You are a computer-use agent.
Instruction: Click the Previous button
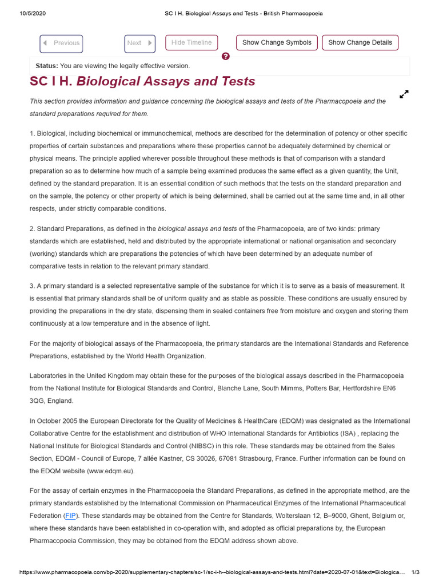pos(61,43)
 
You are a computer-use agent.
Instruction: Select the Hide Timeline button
pos(191,43)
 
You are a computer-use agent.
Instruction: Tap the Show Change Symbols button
pos(277,43)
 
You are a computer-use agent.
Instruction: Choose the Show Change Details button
pos(360,43)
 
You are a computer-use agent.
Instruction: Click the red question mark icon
pos(226,56)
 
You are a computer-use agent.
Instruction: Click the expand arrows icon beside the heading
pos(404,94)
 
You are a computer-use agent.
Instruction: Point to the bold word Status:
pos(47,66)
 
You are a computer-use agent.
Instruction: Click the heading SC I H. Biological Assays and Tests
pos(142,82)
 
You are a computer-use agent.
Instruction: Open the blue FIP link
pos(71,516)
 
